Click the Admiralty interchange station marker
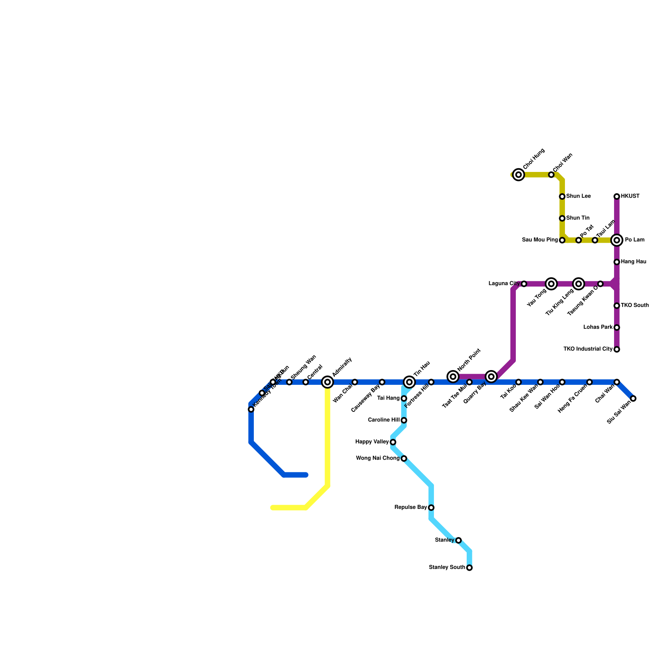tap(327, 382)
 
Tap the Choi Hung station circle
tap(519, 175)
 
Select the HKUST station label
tap(630, 196)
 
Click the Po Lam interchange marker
tap(617, 240)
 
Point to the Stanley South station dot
tap(470, 568)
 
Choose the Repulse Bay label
tap(411, 508)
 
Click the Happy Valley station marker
tap(393, 442)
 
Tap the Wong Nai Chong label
tap(377, 458)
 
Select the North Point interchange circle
tap(453, 377)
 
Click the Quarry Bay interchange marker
tap(492, 377)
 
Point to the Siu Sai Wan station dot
tap(633, 399)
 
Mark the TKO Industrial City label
tap(588, 349)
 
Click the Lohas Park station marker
tap(617, 327)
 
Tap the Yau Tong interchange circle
tap(551, 284)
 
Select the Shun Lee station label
tap(578, 196)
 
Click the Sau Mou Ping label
tap(540, 240)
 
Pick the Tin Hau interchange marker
tap(409, 382)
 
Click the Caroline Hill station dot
tap(404, 420)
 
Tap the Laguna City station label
tap(504, 283)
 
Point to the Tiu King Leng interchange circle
tap(578, 284)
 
